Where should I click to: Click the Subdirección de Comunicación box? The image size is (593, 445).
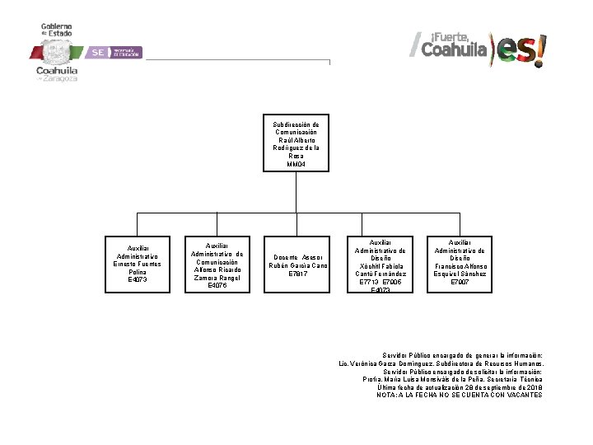[296, 143]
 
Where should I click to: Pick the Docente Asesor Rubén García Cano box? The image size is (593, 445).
[297, 264]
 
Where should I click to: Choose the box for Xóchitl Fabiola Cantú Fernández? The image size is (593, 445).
[377, 264]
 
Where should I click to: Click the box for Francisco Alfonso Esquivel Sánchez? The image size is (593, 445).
[460, 264]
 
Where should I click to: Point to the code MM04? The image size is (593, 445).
[296, 165]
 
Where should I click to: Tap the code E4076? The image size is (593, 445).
[217, 285]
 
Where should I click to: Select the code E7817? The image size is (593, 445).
[297, 274]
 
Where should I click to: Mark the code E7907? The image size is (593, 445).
[460, 282]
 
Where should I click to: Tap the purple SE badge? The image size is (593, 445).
[99, 52]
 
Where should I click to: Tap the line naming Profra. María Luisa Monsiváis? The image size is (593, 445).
[451, 379]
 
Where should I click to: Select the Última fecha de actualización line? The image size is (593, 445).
[460, 386]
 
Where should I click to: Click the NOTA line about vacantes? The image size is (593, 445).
[460, 395]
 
